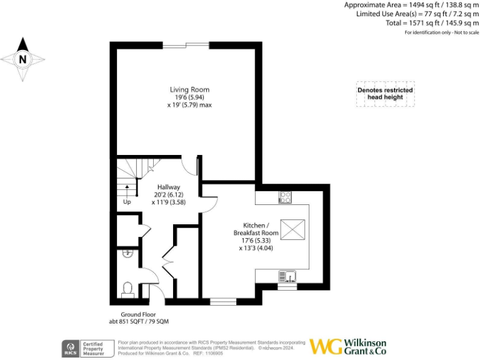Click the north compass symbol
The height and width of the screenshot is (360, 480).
click(x=23, y=59)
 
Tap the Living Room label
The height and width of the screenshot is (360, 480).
click(x=189, y=89)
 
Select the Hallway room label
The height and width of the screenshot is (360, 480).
click(x=168, y=187)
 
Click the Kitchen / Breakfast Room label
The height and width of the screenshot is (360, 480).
click(x=256, y=229)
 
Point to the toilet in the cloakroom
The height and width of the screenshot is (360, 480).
click(x=127, y=289)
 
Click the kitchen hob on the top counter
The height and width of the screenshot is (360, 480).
click(x=284, y=197)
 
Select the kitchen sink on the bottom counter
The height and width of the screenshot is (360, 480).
click(x=287, y=275)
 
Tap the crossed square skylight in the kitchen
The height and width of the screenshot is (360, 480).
click(x=291, y=229)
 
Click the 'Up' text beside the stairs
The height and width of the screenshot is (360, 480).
click(x=127, y=202)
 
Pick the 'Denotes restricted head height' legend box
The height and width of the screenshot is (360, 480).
click(x=385, y=94)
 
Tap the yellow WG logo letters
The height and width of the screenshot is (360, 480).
click(x=326, y=347)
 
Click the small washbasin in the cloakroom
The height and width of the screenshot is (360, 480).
click(x=127, y=254)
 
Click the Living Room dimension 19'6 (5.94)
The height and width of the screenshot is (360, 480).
click(x=189, y=97)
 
